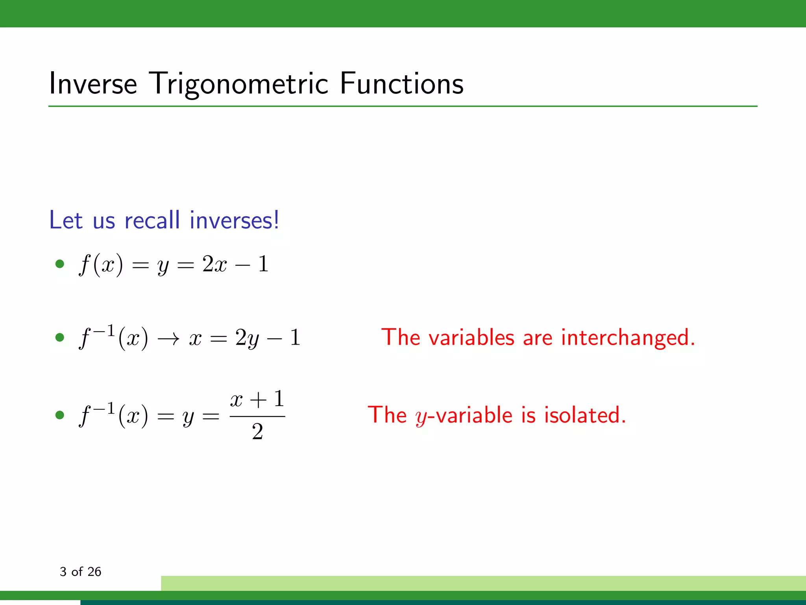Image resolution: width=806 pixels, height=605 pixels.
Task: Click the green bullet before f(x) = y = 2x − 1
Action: [x=60, y=264]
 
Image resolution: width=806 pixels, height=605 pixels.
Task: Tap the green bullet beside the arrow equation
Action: [x=60, y=337]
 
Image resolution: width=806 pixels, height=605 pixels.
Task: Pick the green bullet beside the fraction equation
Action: [x=60, y=415]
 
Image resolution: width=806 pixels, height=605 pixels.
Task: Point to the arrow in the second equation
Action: [x=168, y=338]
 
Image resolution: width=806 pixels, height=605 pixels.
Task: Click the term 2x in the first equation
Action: [x=214, y=264]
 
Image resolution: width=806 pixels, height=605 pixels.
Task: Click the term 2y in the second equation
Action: [x=247, y=338]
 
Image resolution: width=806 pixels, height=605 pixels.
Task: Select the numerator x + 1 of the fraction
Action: [x=257, y=399]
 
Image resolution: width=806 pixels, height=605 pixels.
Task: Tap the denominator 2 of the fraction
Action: [x=257, y=432]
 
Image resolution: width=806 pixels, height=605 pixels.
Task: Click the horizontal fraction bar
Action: [x=257, y=416]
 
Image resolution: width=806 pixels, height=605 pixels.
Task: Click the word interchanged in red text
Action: [x=628, y=338]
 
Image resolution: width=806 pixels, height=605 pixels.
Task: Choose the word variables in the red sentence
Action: [x=471, y=338]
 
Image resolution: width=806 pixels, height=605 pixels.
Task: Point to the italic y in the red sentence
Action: [x=421, y=417]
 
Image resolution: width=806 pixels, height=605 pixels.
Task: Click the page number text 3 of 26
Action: [x=80, y=572]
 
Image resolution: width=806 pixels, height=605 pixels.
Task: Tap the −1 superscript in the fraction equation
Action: [x=104, y=408]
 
